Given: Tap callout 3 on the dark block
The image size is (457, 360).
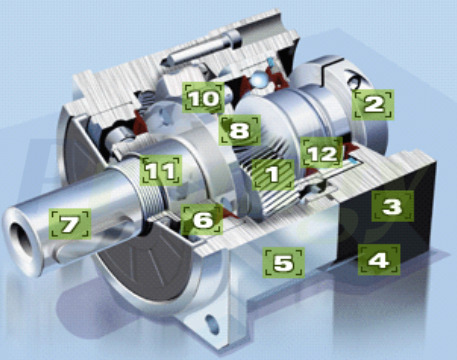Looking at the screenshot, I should pos(392,207).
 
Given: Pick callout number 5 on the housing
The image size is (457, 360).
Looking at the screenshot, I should pos(283,263).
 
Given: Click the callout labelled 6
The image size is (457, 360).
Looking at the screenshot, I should pos(202,218).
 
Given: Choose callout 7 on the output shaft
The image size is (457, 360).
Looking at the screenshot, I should pos(69,223).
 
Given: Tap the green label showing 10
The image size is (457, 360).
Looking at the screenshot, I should pos(202,98).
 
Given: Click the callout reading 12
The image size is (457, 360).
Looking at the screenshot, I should pos(319,154).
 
